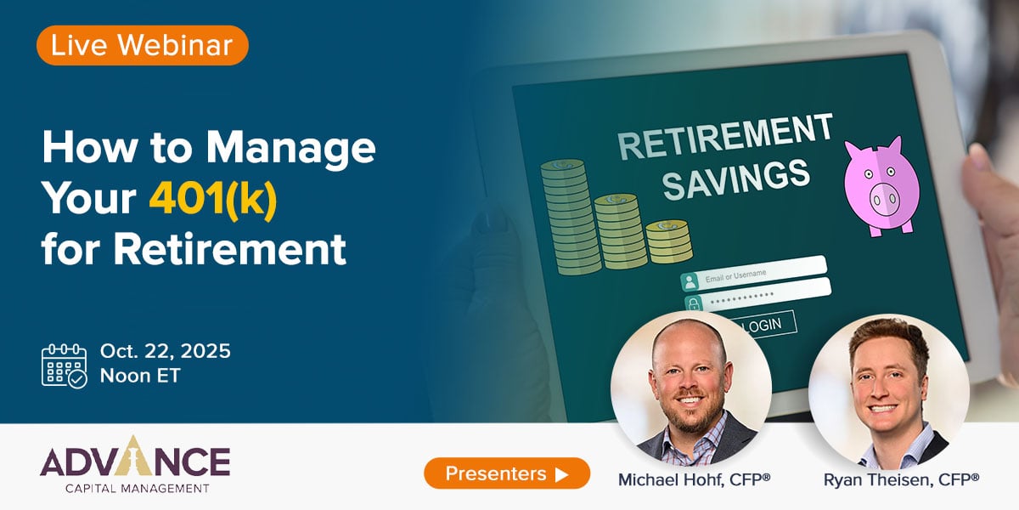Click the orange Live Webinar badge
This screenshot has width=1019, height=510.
coord(143,45)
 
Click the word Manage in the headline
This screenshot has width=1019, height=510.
coord(290,148)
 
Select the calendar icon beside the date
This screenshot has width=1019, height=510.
coord(65,366)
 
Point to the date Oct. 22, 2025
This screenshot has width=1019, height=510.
coord(165,351)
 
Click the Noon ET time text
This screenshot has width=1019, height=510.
coord(140,376)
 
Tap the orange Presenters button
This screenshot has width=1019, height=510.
coord(507,473)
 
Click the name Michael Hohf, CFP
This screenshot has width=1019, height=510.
coord(694,479)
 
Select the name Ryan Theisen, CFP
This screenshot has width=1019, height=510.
coord(901,479)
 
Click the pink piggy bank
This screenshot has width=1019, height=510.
coord(881,186)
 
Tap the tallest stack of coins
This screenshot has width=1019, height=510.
coord(571,218)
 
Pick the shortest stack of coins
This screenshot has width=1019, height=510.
coord(669,241)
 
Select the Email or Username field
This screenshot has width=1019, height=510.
coord(753,273)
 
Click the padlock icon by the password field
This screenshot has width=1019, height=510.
coord(693,303)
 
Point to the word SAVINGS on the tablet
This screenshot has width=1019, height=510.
coord(735,179)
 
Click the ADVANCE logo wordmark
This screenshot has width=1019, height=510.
coord(135,457)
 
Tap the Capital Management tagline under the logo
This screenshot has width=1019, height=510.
coord(137,489)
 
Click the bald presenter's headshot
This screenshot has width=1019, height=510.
coord(691,388)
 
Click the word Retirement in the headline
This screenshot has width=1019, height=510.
coord(230,249)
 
